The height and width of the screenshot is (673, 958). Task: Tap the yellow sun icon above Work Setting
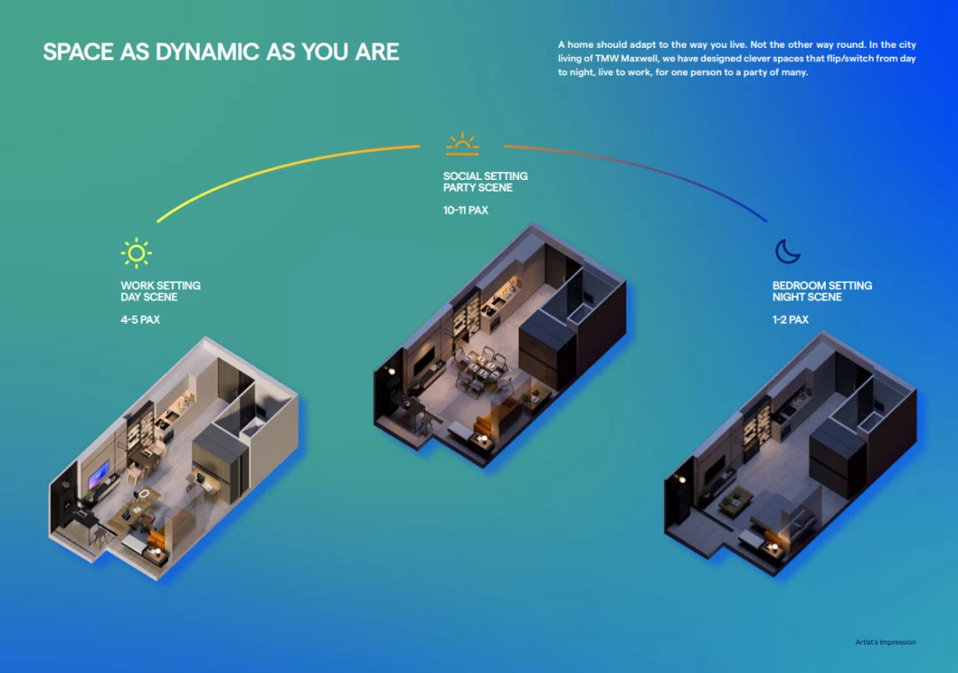click(x=137, y=253)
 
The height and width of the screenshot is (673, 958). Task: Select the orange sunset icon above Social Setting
click(x=462, y=145)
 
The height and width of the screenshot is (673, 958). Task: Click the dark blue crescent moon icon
click(x=788, y=251)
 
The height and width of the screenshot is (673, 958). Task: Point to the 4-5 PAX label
click(x=140, y=319)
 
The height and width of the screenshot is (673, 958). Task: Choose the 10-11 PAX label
click(x=466, y=210)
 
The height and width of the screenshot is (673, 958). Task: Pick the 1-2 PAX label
click(x=790, y=319)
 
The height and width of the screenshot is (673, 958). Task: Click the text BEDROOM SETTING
click(x=821, y=286)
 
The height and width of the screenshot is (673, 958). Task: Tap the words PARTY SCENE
click(x=478, y=187)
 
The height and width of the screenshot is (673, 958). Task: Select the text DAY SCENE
click(x=149, y=297)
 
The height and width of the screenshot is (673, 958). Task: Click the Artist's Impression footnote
click(x=885, y=642)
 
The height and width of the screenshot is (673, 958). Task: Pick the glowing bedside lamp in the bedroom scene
click(x=774, y=547)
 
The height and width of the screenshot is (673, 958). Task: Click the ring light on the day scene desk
click(x=143, y=494)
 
